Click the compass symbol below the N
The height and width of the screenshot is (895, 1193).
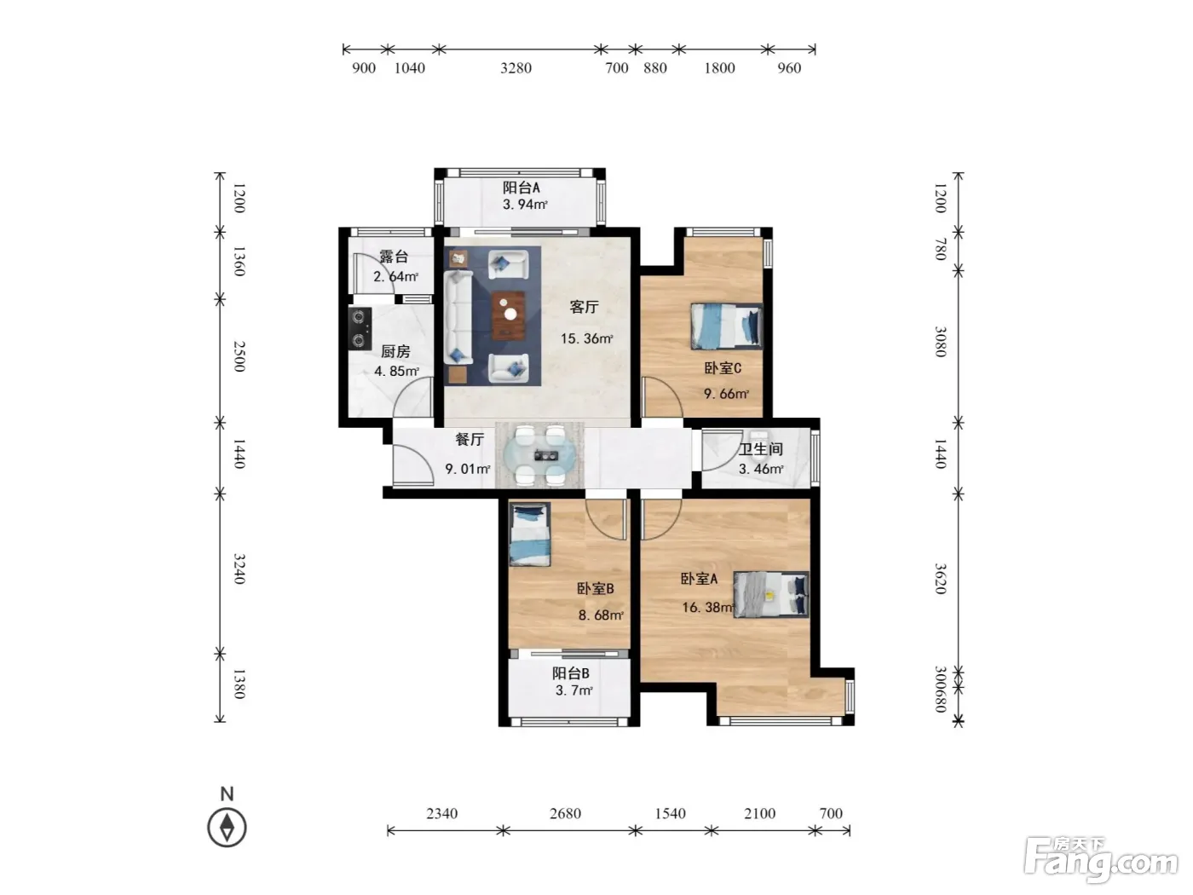[x=227, y=828]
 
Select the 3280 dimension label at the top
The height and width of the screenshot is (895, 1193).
[x=516, y=68]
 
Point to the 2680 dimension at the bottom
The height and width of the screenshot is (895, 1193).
[x=565, y=813]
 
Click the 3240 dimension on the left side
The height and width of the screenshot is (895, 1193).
[x=239, y=569]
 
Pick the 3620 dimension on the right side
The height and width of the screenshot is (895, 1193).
[x=940, y=579]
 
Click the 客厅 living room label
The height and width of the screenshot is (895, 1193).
[x=585, y=307]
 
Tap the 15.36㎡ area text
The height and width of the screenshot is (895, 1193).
[x=587, y=338]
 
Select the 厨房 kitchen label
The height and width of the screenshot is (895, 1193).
[x=395, y=351]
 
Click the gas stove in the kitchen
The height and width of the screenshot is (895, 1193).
[x=360, y=328]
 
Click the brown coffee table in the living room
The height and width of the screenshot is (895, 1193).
[x=509, y=315]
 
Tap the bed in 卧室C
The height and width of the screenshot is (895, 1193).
[x=726, y=326]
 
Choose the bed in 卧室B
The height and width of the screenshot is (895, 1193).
[x=529, y=534]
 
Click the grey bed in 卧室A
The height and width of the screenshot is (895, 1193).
[x=770, y=594]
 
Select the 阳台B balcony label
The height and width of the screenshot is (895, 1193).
[x=571, y=673]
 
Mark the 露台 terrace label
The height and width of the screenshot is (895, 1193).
[x=394, y=257]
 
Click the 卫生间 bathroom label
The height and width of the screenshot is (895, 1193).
[x=761, y=449]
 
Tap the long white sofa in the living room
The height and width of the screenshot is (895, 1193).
[x=458, y=317]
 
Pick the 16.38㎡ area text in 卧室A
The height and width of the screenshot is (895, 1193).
[x=708, y=607]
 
